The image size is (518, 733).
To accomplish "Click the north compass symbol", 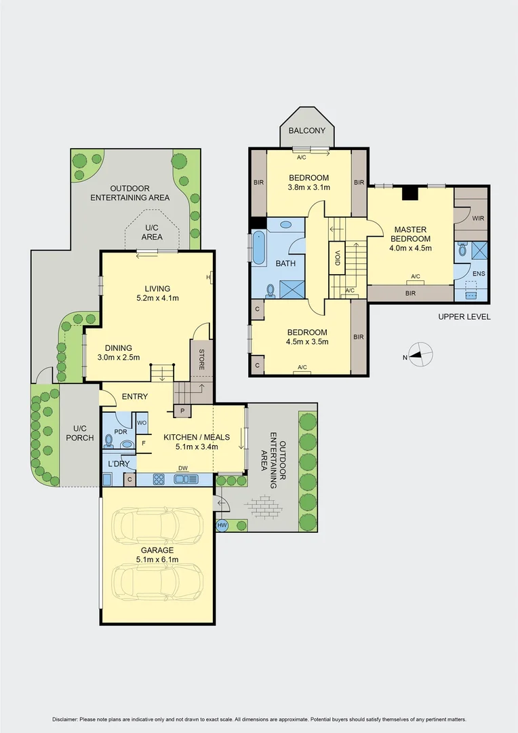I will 421,354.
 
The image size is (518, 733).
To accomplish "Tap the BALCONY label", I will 307,130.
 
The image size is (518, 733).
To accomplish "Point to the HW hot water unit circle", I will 222,525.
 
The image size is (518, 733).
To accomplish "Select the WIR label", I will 477,219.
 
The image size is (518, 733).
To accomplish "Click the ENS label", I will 479,274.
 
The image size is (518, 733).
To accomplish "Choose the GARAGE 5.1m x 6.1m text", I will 157,555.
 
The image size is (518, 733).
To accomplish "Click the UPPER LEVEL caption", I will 464,317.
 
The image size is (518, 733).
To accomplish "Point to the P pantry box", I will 182,411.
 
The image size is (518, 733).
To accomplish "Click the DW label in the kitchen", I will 182,468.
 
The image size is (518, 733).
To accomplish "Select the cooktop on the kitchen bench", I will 159,479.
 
